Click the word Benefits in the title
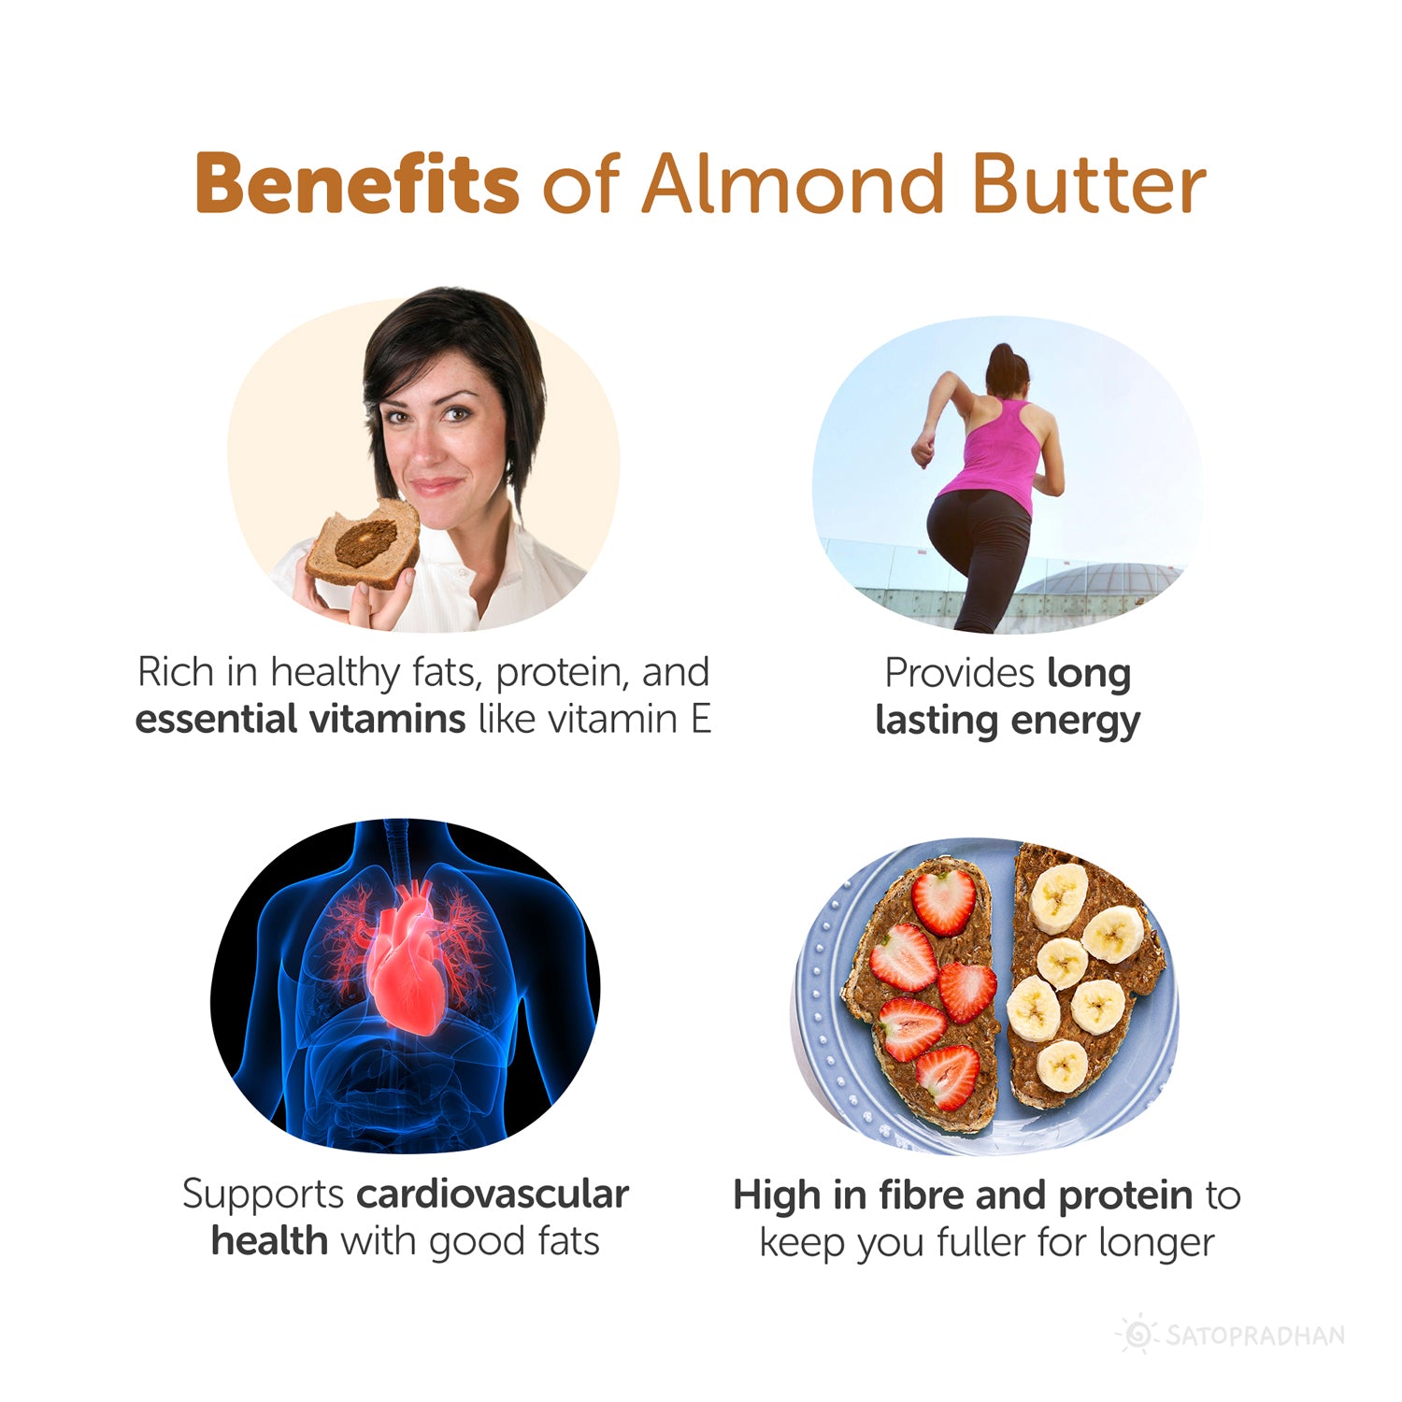[356, 183]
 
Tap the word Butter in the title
[1089, 183]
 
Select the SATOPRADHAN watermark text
[1255, 1335]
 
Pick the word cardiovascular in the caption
[493, 1195]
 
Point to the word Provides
[959, 673]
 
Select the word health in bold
[269, 1242]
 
